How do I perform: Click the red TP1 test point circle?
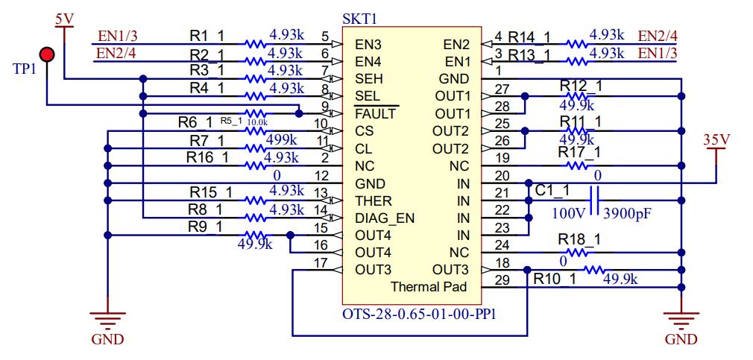click(47, 54)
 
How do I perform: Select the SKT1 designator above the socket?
click(359, 18)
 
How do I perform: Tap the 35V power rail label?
click(716, 139)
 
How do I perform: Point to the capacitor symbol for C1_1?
click(596, 200)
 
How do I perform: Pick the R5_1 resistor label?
click(231, 121)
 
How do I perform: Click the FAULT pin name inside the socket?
click(375, 114)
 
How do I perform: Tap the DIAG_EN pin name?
click(384, 218)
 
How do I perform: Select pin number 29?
click(502, 280)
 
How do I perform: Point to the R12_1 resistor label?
click(580, 86)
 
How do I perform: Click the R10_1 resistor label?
click(555, 280)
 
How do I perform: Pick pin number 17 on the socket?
click(321, 262)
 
